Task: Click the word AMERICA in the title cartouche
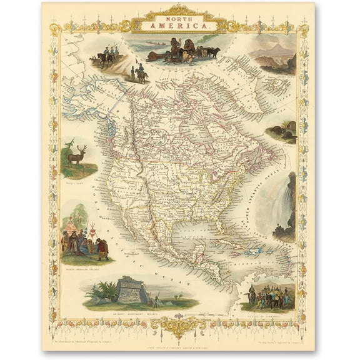coord(179,26)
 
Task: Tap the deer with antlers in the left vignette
coord(76,156)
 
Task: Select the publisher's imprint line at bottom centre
coord(179,344)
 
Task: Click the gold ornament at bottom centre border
coord(179,326)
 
